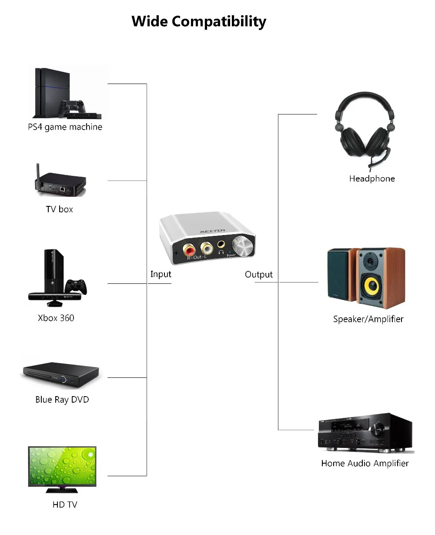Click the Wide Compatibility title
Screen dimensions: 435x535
tap(199, 21)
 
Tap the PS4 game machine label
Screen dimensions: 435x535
tap(65, 127)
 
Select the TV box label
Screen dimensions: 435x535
tap(60, 209)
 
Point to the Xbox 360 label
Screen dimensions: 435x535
tap(56, 318)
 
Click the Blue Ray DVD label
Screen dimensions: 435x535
tap(62, 400)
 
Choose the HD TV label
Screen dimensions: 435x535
tap(65, 505)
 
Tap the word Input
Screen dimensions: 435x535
tap(161, 274)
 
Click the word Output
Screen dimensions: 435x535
tap(259, 275)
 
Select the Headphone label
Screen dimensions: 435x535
tap(372, 178)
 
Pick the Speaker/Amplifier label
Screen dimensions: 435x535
tap(368, 319)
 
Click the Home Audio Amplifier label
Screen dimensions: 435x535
tap(365, 464)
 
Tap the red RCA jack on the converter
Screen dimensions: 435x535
tap(190, 250)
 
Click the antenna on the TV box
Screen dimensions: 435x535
tap(38, 172)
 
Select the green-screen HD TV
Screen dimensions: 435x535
tap(62, 466)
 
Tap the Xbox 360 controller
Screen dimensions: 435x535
tap(76, 286)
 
